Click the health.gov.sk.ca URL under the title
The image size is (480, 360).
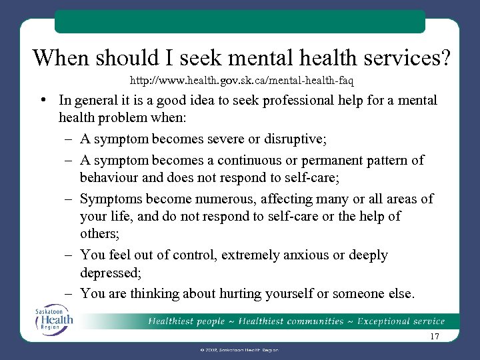[241, 81]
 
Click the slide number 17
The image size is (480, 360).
[435, 337]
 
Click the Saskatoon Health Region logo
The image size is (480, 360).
[55, 319]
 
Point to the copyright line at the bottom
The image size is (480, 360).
[239, 350]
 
